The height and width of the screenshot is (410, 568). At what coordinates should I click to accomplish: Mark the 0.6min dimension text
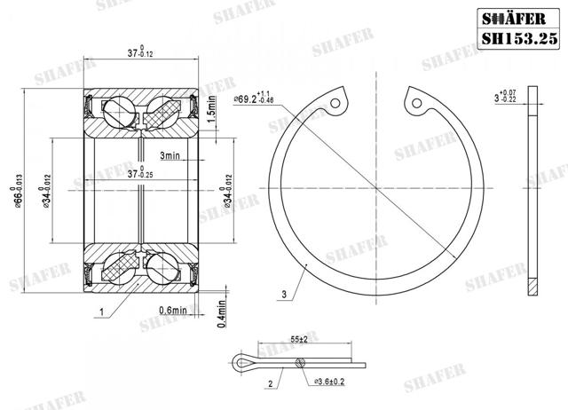pos(172,311)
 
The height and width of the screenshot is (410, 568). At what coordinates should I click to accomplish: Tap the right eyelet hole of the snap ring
pos(415,103)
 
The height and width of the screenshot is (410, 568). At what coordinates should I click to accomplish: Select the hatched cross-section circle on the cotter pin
pos(302,361)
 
